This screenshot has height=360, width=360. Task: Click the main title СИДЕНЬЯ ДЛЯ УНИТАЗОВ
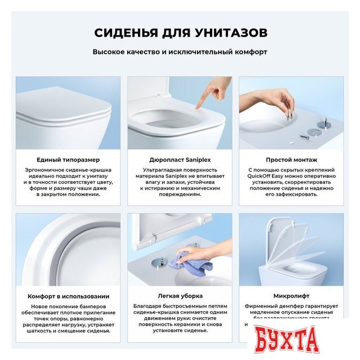180,32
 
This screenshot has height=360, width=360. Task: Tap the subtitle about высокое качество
180,52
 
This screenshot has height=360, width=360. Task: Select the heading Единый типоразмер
68,160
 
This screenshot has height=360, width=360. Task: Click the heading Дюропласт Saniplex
179,160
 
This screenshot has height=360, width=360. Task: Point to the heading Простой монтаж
291,160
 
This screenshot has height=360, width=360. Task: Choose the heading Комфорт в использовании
68,296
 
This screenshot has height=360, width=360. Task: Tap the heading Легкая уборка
179,296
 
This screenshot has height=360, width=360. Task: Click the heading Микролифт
291,296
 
